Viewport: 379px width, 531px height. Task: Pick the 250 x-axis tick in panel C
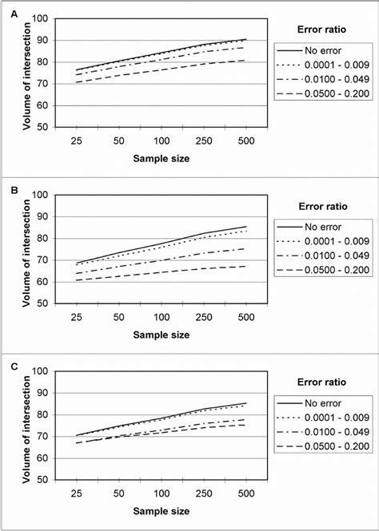coord(205,493)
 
